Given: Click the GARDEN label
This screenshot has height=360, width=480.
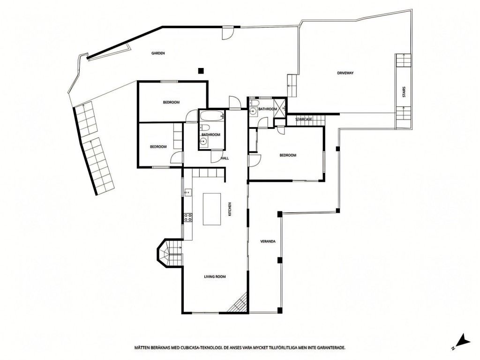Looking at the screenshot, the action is tap(158, 53).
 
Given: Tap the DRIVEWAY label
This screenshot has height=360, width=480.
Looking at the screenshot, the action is tap(345, 73).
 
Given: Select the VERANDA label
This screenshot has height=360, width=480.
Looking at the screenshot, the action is tap(268, 241).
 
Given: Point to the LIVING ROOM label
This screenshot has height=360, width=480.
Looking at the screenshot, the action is tap(215, 277).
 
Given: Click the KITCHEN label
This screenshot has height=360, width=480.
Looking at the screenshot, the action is tap(230, 210).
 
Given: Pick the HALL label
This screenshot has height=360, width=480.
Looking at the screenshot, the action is tap(225, 158).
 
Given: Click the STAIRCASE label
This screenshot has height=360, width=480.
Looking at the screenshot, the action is tap(304, 119).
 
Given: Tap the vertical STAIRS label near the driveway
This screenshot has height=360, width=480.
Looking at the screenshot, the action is tap(404, 92).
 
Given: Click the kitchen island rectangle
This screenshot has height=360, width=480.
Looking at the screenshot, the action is tap(212, 209).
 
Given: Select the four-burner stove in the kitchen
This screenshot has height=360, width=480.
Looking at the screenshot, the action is tap(188, 217).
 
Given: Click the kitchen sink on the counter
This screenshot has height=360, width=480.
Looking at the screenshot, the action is tap(187, 192).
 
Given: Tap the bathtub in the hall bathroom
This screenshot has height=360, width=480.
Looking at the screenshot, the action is tap(212, 116).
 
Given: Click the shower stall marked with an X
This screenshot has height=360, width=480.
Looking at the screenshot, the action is tap(279, 108).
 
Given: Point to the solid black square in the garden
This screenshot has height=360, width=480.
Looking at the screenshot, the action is tap(201, 71).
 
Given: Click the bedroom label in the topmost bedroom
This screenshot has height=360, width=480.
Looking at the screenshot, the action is tap(171, 102).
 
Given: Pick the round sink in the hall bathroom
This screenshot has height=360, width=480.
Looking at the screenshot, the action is tap(203, 141).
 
